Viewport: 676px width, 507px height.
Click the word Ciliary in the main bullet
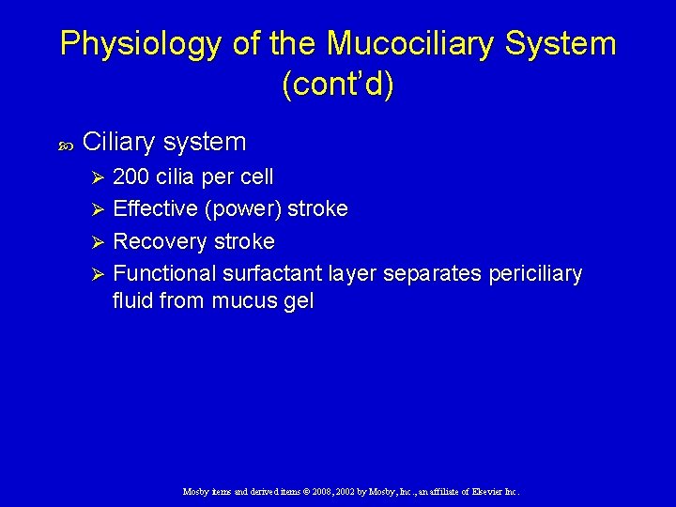[119, 142]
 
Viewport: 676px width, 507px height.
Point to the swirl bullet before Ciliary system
[65, 144]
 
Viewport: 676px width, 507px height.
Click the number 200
[132, 177]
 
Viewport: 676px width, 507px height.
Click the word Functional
[164, 273]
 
